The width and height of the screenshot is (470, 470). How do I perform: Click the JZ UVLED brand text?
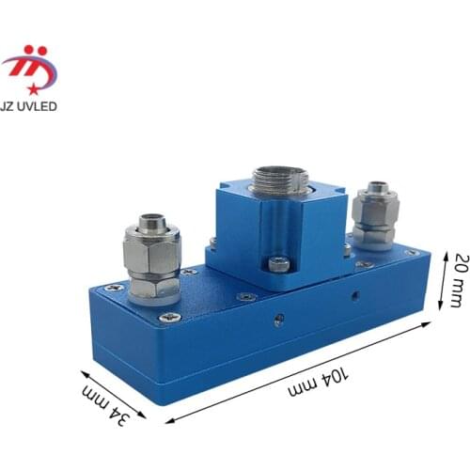coord(28,106)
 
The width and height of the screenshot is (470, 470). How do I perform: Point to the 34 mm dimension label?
coord(106,405)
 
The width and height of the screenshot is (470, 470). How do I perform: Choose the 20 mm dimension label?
coord(460,280)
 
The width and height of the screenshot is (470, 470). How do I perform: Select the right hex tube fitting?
coord(375,216)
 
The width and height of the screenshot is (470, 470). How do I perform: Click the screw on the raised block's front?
coord(279,263)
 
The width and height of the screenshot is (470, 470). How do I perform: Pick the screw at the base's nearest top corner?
coord(170,318)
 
